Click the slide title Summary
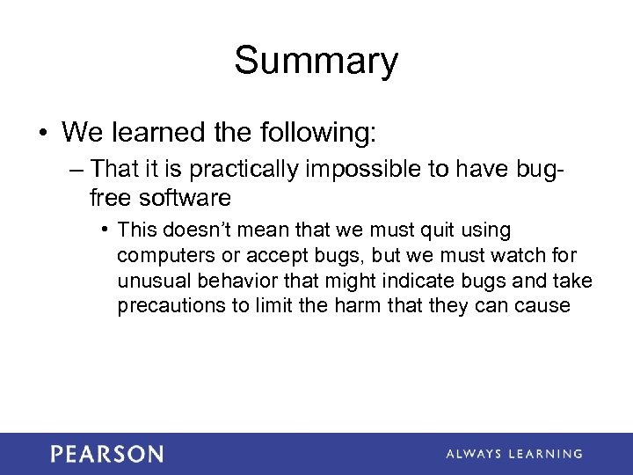pyautogui.click(x=316, y=62)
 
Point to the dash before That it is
pyautogui.click(x=77, y=168)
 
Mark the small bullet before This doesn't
pyautogui.click(x=105, y=230)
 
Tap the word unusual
pyautogui.click(x=149, y=281)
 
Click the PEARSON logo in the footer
pyautogui.click(x=106, y=454)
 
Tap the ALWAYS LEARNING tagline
pyautogui.click(x=513, y=454)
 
